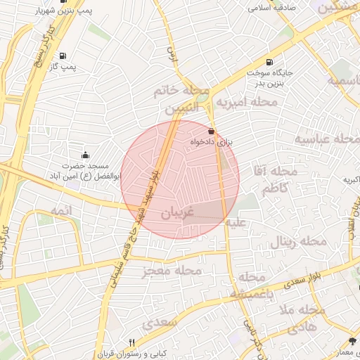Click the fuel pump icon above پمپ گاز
63,56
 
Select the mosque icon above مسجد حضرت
86,155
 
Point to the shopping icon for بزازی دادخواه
212,131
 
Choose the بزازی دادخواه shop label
211,142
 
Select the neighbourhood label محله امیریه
246,103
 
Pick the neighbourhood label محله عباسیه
326,139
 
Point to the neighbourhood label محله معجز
172,271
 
